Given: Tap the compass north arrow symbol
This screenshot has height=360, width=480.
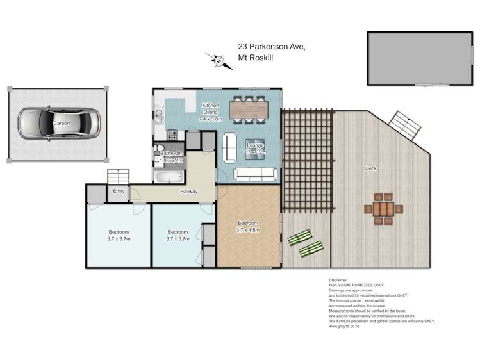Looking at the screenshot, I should [x=218, y=61].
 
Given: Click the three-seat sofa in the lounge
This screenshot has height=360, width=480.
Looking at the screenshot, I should [x=256, y=174].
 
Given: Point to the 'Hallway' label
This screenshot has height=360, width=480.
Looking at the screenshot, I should [x=189, y=192].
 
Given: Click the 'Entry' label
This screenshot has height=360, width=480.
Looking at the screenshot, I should [x=119, y=191].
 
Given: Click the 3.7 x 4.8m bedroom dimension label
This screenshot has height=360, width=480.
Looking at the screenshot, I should [x=247, y=230].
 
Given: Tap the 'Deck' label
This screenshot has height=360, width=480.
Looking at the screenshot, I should [x=370, y=169].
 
